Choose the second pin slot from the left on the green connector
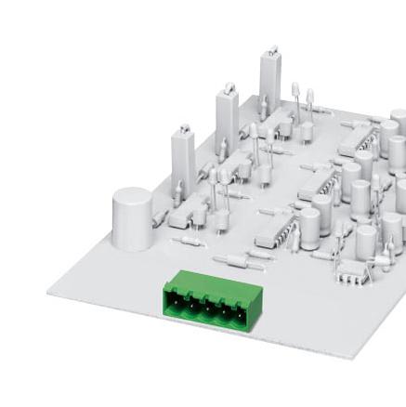[191, 303]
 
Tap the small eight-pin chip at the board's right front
[351, 270]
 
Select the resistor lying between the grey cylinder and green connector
[189, 241]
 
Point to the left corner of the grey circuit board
[49, 291]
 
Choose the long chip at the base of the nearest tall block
[190, 212]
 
